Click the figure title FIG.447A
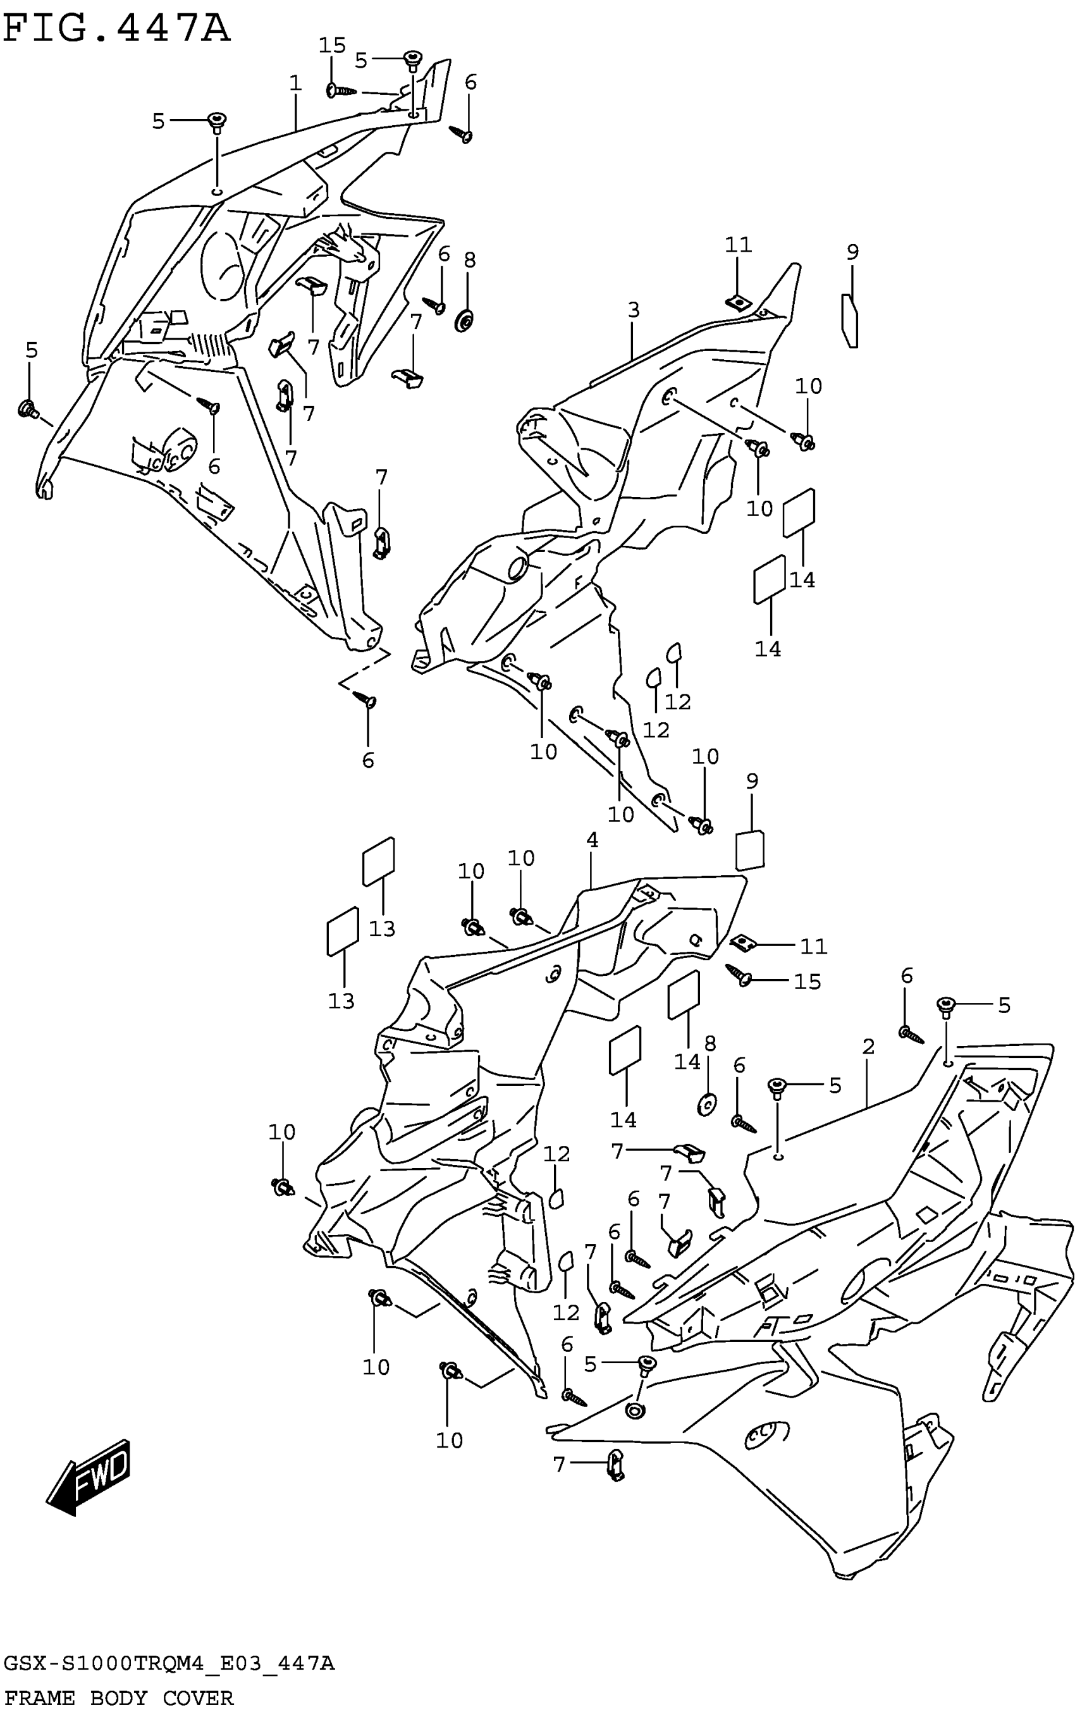(x=118, y=30)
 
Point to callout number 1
(x=296, y=83)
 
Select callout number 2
(x=868, y=1046)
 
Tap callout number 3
(x=634, y=309)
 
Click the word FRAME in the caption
(x=39, y=1699)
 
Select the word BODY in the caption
(x=119, y=1699)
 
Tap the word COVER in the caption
(x=198, y=1699)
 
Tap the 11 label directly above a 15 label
(x=814, y=945)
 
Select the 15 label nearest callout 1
(x=331, y=46)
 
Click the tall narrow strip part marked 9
(x=849, y=320)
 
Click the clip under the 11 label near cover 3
(x=739, y=302)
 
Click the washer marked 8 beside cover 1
(x=465, y=321)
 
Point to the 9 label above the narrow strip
(x=852, y=251)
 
